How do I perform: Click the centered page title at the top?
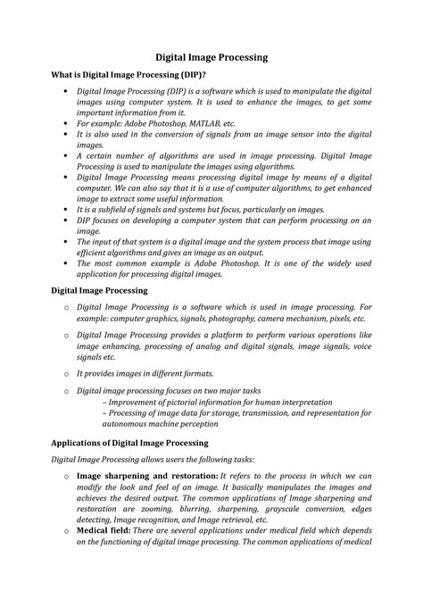click(x=211, y=57)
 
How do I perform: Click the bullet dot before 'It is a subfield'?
click(x=65, y=210)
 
